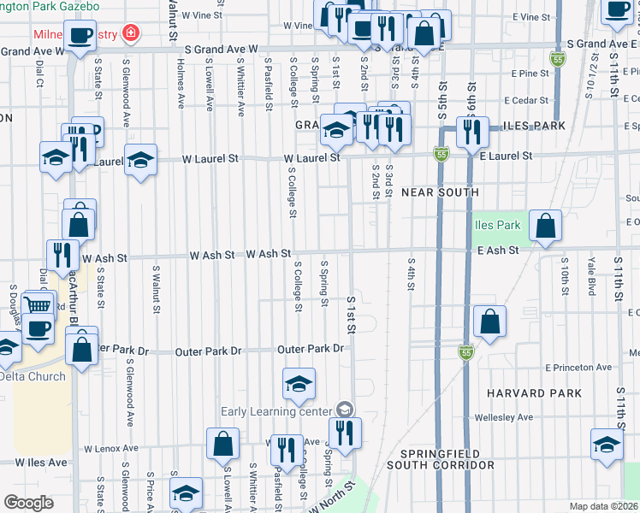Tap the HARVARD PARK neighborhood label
tap(534, 393)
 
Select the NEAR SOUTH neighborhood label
tap(440, 192)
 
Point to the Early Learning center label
tap(276, 411)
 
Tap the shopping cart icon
tap(38, 305)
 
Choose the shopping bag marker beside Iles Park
tap(545, 227)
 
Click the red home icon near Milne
tap(130, 35)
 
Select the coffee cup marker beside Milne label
tap(80, 37)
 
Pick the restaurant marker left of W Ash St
tap(62, 253)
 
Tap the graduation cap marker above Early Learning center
tap(299, 384)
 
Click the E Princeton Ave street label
tap(578, 368)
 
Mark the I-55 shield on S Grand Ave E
tap(558, 59)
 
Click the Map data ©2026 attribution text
tap(603, 506)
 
